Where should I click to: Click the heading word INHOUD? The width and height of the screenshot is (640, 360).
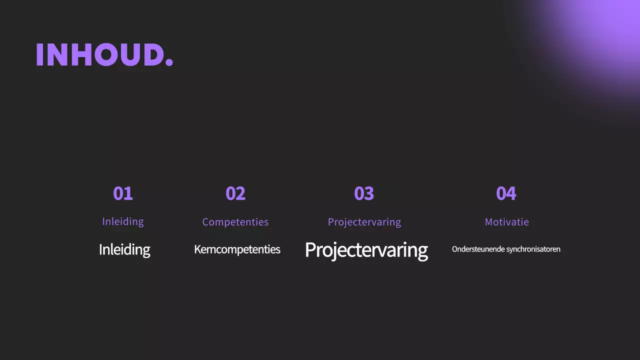[x=100, y=55]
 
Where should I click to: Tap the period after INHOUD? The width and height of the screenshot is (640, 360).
[x=169, y=63]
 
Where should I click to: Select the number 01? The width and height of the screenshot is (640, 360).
[x=123, y=193]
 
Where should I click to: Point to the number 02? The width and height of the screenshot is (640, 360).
[x=235, y=193]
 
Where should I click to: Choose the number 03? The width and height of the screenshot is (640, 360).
[x=364, y=193]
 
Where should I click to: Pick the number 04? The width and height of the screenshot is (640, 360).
[x=506, y=193]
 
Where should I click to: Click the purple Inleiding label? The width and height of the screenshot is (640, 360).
[x=123, y=221]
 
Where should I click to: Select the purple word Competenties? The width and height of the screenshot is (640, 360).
[x=235, y=222]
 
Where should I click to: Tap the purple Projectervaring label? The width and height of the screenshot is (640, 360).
[x=364, y=222]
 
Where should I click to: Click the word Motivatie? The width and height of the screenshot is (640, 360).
[x=507, y=222]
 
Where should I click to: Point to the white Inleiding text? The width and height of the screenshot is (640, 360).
[x=124, y=249]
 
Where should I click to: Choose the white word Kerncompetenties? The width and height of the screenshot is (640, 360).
[x=237, y=249]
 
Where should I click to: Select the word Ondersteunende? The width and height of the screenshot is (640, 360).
[x=478, y=249]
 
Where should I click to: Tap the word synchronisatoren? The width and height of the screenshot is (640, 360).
[x=533, y=249]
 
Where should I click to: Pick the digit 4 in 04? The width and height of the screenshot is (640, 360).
[x=511, y=193]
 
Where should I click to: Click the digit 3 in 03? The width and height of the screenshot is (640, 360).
[x=369, y=193]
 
